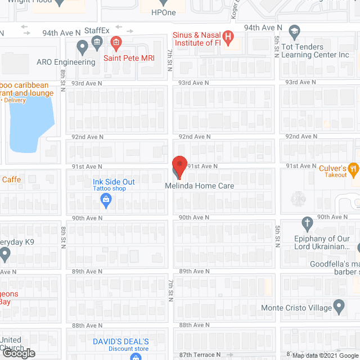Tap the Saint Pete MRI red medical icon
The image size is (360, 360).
coord(116,41)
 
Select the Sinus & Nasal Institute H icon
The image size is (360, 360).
coord(228,38)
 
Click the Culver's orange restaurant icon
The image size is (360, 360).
coord(353,167)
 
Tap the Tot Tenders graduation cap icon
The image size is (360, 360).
coord(294,31)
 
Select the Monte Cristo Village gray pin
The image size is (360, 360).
coord(339,307)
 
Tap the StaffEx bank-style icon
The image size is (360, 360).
coord(97,41)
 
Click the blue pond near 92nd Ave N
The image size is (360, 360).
coord(31,124)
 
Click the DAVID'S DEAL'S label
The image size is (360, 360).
coord(121,341)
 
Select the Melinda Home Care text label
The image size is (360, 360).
coord(199,186)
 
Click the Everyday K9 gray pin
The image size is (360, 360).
coord(5,254)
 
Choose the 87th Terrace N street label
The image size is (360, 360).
coord(200,355)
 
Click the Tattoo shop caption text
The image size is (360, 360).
coord(110,188)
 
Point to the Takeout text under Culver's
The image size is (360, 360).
coord(336,175)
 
